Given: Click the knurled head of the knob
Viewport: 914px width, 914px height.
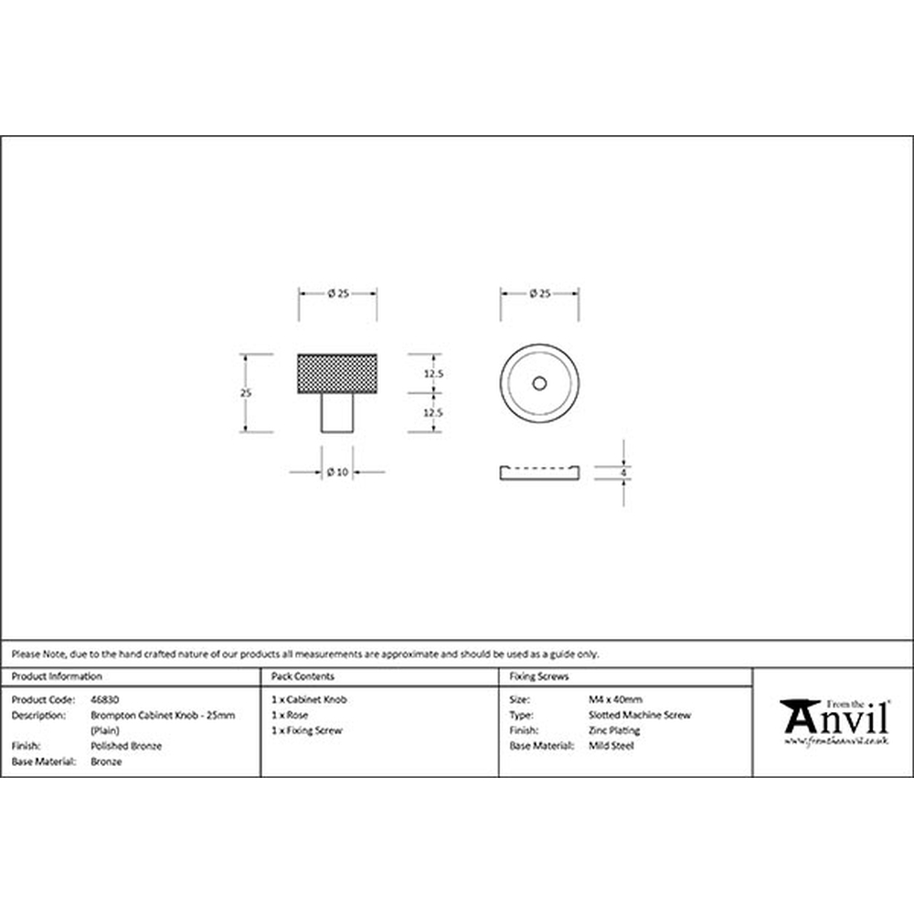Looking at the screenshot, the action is click(x=337, y=373).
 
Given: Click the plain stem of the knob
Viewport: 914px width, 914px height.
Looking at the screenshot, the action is click(x=337, y=413).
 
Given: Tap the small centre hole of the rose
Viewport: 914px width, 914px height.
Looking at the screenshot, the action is click(x=539, y=383).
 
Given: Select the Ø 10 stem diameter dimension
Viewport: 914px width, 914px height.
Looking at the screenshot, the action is click(x=337, y=473).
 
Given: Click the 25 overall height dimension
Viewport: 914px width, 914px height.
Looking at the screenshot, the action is click(x=246, y=393).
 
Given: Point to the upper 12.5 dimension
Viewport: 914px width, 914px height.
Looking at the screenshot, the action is click(x=433, y=374).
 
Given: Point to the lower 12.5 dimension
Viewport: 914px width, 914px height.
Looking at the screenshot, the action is click(x=433, y=413).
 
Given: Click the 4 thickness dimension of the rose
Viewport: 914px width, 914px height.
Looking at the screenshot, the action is click(x=623, y=473).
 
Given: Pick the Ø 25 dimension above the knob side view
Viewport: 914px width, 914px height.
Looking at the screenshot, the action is click(x=338, y=293).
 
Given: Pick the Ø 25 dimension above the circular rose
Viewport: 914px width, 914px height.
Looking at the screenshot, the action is click(x=540, y=293).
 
